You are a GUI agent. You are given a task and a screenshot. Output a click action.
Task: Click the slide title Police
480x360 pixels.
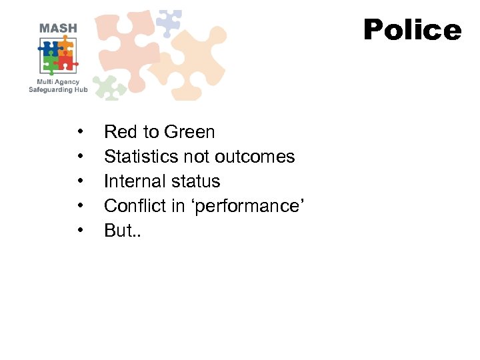412,30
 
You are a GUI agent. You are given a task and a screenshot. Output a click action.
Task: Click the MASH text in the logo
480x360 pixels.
58,28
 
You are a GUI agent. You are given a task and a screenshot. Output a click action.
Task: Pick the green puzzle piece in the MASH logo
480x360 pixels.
51,64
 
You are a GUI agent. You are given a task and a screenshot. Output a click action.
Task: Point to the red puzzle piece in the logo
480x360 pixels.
67,63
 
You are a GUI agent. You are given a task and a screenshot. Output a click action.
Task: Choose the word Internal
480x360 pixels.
133,181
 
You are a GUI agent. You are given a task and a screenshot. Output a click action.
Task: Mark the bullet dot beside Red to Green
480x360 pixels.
80,132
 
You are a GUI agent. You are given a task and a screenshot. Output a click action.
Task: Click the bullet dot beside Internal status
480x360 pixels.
80,181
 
